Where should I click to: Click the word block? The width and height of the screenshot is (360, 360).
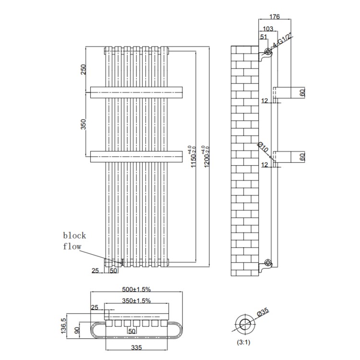(x=74, y=235)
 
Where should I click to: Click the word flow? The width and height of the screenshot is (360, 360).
(x=72, y=247)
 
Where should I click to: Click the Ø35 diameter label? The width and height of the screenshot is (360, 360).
(x=263, y=312)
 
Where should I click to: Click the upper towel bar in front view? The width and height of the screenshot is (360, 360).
(x=137, y=92)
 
